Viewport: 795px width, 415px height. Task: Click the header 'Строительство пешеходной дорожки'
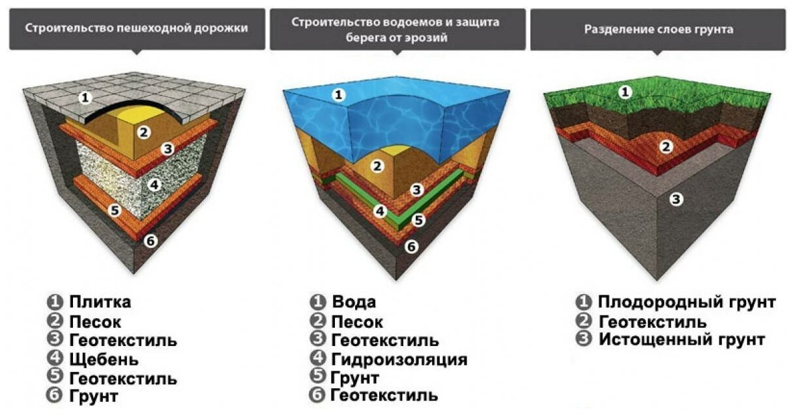click(x=136, y=29)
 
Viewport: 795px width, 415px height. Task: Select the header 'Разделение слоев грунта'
click(x=659, y=29)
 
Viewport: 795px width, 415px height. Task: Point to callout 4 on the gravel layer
click(x=154, y=184)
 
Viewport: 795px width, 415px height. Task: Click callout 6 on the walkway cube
click(x=151, y=241)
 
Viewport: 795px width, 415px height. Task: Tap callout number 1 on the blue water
click(x=338, y=96)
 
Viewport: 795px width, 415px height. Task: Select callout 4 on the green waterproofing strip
click(x=380, y=211)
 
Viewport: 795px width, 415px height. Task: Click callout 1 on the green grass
click(x=625, y=92)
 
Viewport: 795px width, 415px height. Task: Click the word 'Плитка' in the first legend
click(x=100, y=302)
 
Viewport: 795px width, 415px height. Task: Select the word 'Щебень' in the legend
click(x=104, y=358)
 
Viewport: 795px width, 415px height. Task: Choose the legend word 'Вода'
click(x=354, y=302)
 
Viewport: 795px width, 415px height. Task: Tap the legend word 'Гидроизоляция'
click(x=399, y=358)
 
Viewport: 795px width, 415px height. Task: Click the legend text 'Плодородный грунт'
click(x=687, y=302)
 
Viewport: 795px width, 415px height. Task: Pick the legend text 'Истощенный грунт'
click(x=682, y=340)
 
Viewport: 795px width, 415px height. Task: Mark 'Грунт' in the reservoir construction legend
click(x=355, y=377)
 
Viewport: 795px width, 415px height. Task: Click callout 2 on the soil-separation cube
click(x=665, y=146)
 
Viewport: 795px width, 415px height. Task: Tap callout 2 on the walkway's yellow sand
click(x=145, y=132)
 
